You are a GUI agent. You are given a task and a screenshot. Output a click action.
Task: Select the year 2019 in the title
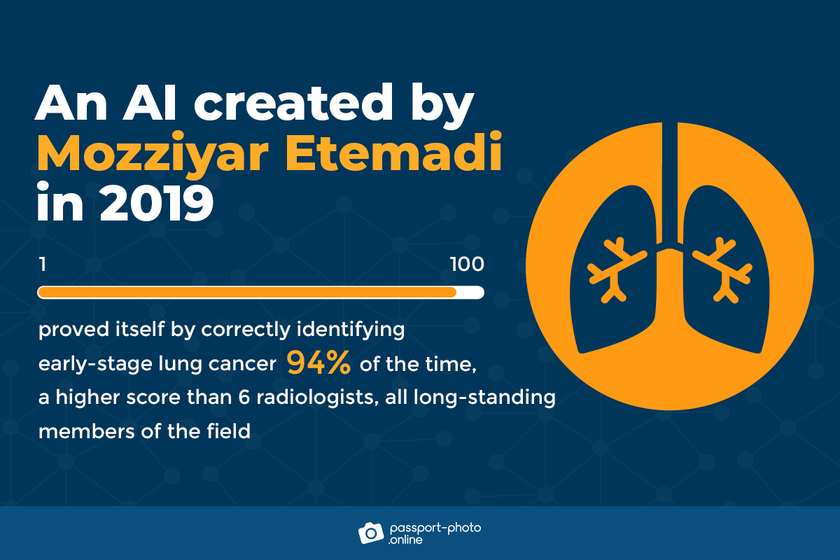pyautogui.click(x=156, y=203)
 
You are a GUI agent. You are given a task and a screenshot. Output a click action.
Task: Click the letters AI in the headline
pyautogui.click(x=149, y=103)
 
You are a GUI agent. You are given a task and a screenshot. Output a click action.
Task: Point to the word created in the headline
pyautogui.click(x=293, y=102)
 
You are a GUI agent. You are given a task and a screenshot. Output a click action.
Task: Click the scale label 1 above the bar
pyautogui.click(x=43, y=265)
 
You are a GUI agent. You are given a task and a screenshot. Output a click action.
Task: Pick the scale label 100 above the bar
pyautogui.click(x=467, y=265)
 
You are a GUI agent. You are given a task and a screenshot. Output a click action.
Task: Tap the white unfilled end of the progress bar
pyautogui.click(x=470, y=292)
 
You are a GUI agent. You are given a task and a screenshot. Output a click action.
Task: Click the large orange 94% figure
pyautogui.click(x=318, y=363)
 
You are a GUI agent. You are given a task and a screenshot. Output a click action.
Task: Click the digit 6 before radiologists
pyautogui.click(x=244, y=397)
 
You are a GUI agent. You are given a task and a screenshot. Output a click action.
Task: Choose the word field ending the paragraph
pyautogui.click(x=228, y=431)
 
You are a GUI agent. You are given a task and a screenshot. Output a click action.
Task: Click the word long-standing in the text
pyautogui.click(x=484, y=398)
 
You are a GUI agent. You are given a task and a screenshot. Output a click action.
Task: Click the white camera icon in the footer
pyautogui.click(x=371, y=533)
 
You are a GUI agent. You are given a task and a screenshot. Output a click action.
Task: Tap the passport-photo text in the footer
pyautogui.click(x=435, y=528)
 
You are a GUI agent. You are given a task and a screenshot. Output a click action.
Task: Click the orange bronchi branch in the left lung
pyautogui.click(x=616, y=269)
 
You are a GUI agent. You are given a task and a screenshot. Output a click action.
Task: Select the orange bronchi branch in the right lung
pyautogui.click(x=722, y=269)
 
